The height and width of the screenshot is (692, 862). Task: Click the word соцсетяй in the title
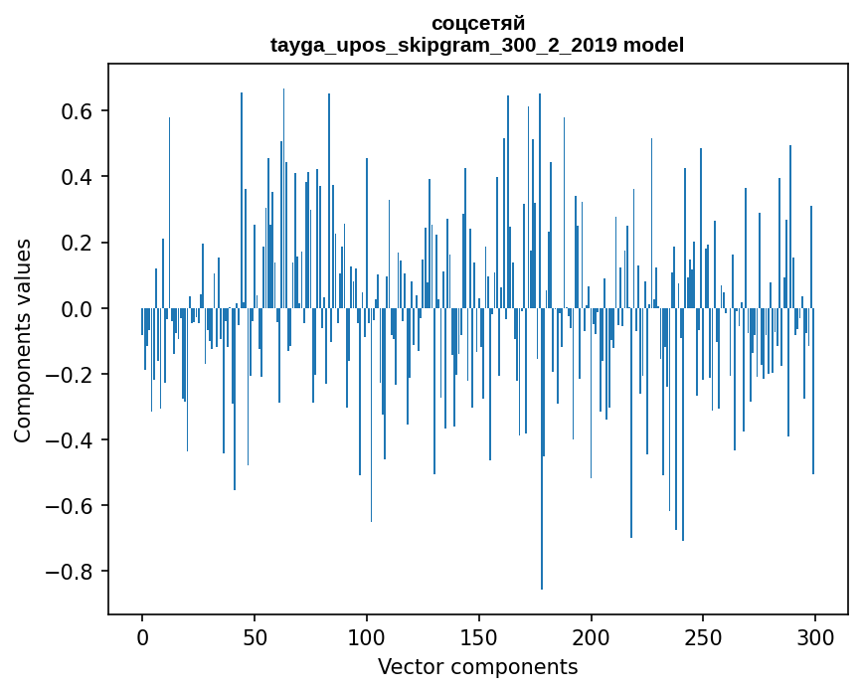pos(477,23)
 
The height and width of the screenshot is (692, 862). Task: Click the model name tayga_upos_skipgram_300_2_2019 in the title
pos(444,45)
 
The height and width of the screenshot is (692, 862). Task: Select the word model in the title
pos(653,45)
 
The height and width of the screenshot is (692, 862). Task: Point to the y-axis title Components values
pos(23,340)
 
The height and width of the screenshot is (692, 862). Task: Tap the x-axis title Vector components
pos(477,666)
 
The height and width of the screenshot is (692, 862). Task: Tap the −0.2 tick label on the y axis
pos(73,375)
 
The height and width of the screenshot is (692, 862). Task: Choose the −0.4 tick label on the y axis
pos(73,440)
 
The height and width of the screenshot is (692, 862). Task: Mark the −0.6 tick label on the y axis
pos(73,506)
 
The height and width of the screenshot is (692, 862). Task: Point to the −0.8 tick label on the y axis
pos(73,572)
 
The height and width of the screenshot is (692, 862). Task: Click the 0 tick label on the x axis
pos(142,635)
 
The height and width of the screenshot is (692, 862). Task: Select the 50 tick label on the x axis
pos(255,635)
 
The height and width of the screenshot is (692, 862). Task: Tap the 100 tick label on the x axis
pos(367,635)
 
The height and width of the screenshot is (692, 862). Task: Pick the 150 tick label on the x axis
pos(479,635)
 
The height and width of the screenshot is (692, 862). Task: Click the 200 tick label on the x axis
pos(592,635)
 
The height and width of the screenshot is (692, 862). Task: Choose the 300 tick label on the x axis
pos(815,635)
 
